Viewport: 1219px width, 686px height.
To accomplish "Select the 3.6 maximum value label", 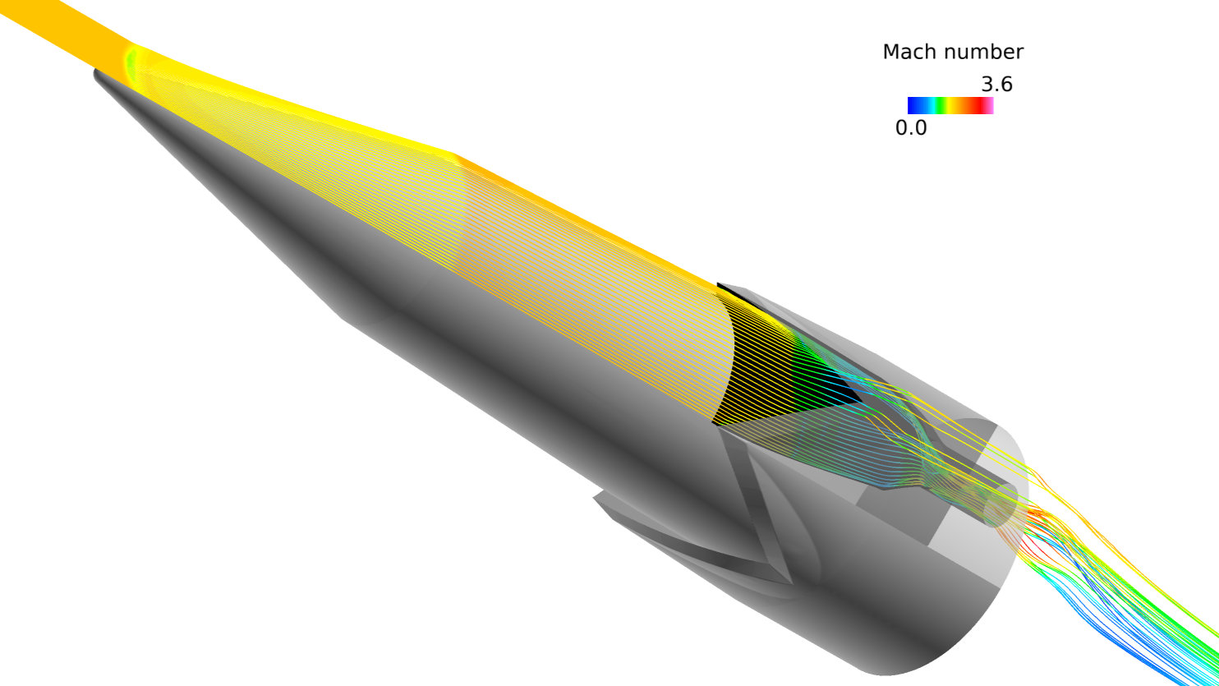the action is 996,85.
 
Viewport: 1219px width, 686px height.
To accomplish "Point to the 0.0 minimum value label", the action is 911,128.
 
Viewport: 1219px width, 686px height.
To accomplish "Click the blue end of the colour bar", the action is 913,105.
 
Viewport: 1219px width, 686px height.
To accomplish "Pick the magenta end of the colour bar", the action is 990,105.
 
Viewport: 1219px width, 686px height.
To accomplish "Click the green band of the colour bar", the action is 941,105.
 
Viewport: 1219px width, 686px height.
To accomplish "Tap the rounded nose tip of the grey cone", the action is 97,73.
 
